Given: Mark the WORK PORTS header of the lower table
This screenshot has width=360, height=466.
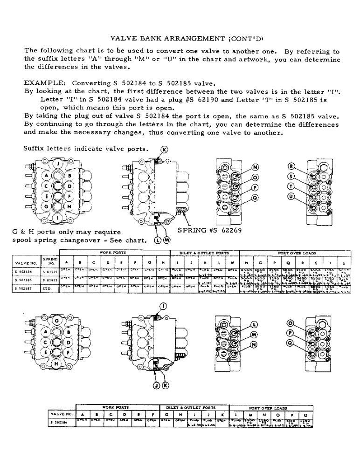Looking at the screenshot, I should pos(116,407).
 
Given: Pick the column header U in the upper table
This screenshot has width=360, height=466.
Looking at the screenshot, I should pos(343,262).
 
